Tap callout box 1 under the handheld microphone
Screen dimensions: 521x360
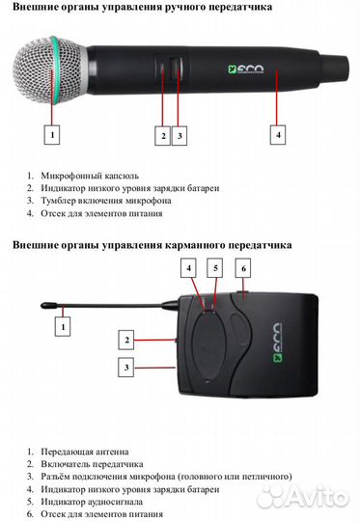pyautogui.click(x=54, y=134)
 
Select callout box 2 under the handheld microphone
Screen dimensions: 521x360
pyautogui.click(x=163, y=136)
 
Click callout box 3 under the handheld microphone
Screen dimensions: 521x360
pyautogui.click(x=180, y=136)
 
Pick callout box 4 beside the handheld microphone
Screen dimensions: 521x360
pyautogui.click(x=278, y=135)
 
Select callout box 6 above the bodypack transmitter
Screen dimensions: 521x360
pyautogui.click(x=244, y=268)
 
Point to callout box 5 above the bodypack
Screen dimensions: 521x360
pyautogui.click(x=216, y=266)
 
